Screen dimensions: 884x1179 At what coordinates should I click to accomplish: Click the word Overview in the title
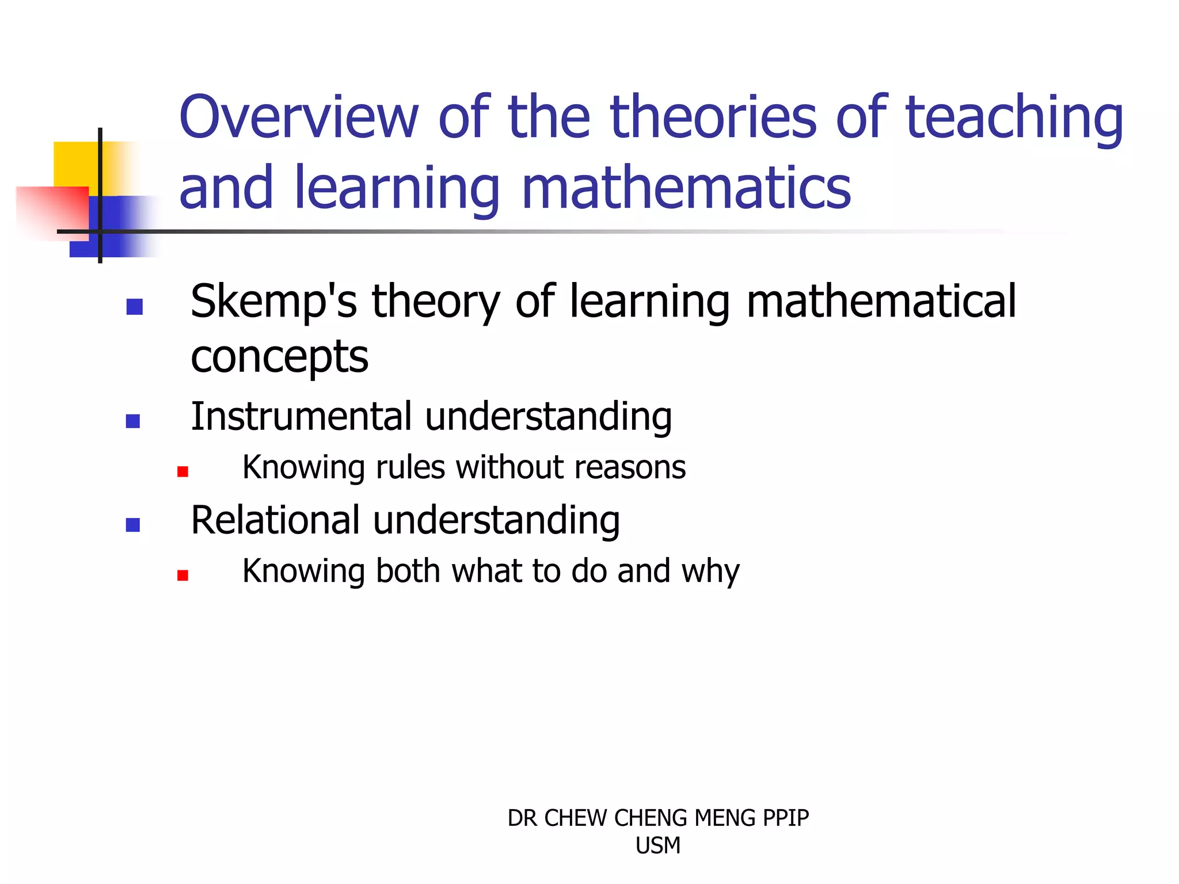(x=299, y=117)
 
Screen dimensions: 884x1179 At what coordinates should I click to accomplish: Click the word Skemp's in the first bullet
(x=273, y=302)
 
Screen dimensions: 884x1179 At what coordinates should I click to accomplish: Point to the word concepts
(x=279, y=357)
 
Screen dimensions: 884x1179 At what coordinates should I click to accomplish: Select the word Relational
(x=276, y=520)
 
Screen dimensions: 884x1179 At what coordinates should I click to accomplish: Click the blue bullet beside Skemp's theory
(x=134, y=307)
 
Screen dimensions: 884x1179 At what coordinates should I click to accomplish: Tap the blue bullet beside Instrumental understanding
(x=133, y=421)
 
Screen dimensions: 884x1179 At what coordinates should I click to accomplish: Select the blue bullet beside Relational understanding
(x=133, y=525)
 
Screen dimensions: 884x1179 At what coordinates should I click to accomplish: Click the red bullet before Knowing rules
(x=182, y=472)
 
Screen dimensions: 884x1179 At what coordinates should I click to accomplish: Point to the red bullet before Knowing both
(x=182, y=576)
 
